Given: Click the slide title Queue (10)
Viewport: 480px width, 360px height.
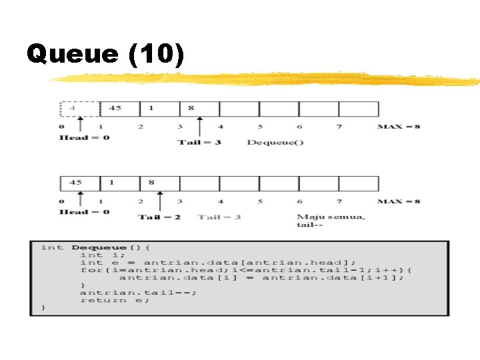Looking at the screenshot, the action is coord(105,55).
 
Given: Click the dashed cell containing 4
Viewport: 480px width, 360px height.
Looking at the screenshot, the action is coord(79,109).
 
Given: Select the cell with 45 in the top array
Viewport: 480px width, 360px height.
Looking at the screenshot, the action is coord(119,109).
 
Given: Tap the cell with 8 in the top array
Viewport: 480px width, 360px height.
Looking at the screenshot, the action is coord(199,109).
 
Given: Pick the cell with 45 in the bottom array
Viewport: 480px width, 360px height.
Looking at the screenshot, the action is coord(79,183).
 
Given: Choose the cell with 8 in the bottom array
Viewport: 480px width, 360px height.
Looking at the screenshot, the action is coord(159,183).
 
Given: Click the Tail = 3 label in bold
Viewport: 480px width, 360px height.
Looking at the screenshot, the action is coord(199,142).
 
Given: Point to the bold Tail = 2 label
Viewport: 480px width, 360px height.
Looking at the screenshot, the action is coord(159,217).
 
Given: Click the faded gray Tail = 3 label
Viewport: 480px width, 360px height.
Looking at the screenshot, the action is coord(219,217).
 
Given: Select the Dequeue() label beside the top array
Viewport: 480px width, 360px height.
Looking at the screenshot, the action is coord(275,142).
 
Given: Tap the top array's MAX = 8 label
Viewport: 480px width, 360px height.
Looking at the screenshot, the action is coord(399,126).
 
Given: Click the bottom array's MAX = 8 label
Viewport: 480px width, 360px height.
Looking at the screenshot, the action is coord(399,201).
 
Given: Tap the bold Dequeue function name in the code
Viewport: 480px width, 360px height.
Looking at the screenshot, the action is coord(100,247).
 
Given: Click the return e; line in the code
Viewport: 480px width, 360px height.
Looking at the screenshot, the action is coord(115,300).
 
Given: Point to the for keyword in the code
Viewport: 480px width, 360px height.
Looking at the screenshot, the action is coord(88,270).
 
